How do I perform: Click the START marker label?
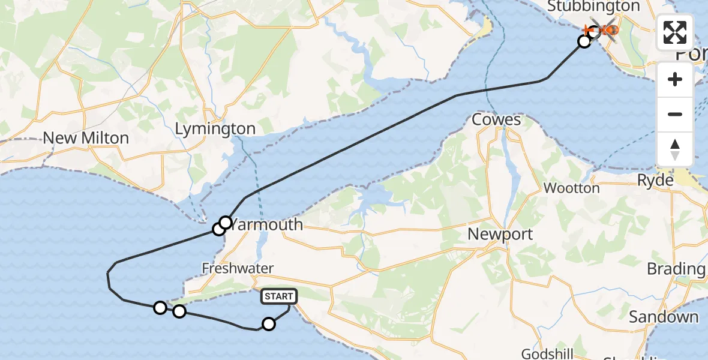[279, 296]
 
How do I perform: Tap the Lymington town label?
[215, 129]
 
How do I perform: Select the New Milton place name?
[86, 138]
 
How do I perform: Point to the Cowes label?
[496, 119]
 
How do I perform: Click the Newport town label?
[500, 234]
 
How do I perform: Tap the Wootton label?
[571, 188]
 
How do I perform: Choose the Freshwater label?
[238, 268]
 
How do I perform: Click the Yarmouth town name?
[267, 225]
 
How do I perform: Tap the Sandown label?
[664, 317]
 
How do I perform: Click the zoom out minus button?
[675, 114]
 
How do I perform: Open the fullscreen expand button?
[675, 33]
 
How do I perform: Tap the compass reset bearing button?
[675, 149]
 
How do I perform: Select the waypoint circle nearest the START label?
[269, 324]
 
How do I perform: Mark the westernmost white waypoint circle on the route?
[160, 308]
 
